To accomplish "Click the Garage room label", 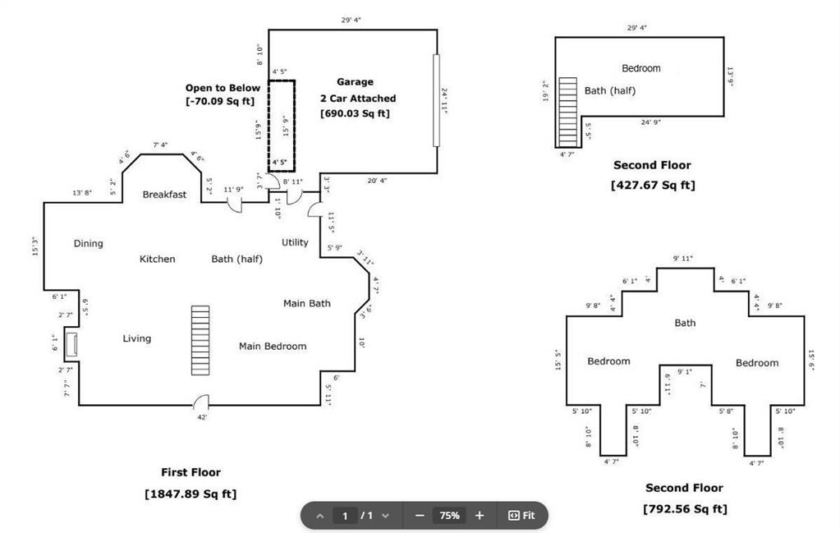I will (x=355, y=82).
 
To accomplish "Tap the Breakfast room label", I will (x=164, y=195).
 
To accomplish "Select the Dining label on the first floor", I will (x=89, y=243).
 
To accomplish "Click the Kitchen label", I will (x=157, y=259).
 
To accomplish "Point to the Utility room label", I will (x=295, y=242).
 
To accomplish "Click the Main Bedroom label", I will (x=273, y=346).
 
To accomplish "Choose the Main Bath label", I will (x=307, y=303).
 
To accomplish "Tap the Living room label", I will (x=137, y=338).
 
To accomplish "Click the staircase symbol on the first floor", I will (x=200, y=340).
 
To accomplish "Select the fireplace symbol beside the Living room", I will (x=71, y=345).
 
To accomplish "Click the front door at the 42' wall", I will (x=200, y=402).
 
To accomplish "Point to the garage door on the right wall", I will (x=437, y=100).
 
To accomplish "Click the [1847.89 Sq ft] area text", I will (x=190, y=494).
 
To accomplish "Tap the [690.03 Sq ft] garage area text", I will (x=355, y=113).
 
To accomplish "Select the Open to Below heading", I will (x=223, y=88).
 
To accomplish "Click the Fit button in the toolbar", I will (x=521, y=516).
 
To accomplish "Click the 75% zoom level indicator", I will (x=449, y=516).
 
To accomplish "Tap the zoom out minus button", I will (x=420, y=516).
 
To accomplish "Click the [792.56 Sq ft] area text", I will (x=684, y=509).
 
